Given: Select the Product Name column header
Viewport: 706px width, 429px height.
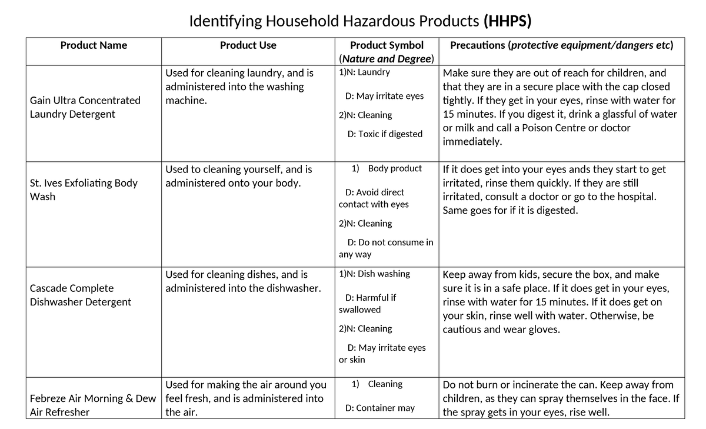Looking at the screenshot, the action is [x=94, y=45].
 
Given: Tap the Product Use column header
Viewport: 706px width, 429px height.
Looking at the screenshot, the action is [x=248, y=45].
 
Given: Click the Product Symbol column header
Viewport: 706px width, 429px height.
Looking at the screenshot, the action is [x=386, y=45].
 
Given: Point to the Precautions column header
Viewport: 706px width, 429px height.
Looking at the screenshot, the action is [x=561, y=45].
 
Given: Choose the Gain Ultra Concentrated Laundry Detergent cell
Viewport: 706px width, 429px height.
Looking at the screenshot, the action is [x=85, y=107].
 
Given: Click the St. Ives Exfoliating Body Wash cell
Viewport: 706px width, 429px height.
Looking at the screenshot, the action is [x=84, y=189].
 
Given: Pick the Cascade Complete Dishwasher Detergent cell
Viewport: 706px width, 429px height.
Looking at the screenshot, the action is [x=80, y=295].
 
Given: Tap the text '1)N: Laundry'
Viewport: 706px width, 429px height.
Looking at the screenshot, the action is [x=364, y=72].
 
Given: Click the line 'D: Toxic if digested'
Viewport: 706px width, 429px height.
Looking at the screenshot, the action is [x=385, y=134].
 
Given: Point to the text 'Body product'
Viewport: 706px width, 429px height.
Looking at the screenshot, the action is [x=395, y=168].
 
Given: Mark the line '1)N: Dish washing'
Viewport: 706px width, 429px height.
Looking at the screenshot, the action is [x=374, y=274].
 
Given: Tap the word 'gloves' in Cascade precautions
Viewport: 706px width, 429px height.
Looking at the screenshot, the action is [x=545, y=330].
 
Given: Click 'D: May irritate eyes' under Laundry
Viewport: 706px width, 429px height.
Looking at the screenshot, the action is [x=384, y=96].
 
